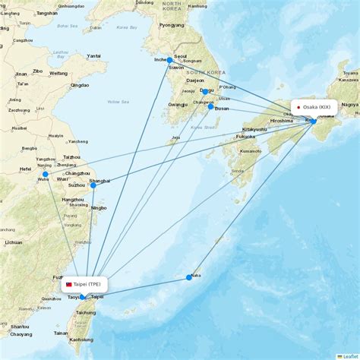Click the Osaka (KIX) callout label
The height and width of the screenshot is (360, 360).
314,107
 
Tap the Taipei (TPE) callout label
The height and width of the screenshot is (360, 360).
84,284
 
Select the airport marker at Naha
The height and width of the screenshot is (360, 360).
189,277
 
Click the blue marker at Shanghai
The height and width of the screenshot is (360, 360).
93,185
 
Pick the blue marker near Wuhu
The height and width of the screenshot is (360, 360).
46,174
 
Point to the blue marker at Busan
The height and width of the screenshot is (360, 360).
210,106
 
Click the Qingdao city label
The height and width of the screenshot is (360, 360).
79,85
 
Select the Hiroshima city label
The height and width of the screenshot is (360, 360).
282,120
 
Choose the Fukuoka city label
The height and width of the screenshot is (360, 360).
245,137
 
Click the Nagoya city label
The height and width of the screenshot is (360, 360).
349,104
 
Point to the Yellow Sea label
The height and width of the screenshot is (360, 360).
118,101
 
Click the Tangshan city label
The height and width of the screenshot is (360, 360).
46,13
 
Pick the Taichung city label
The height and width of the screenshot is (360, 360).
86,312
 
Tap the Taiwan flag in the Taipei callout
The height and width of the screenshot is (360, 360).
68,284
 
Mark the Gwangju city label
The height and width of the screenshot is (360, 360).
178,104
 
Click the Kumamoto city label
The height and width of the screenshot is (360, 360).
251,151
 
